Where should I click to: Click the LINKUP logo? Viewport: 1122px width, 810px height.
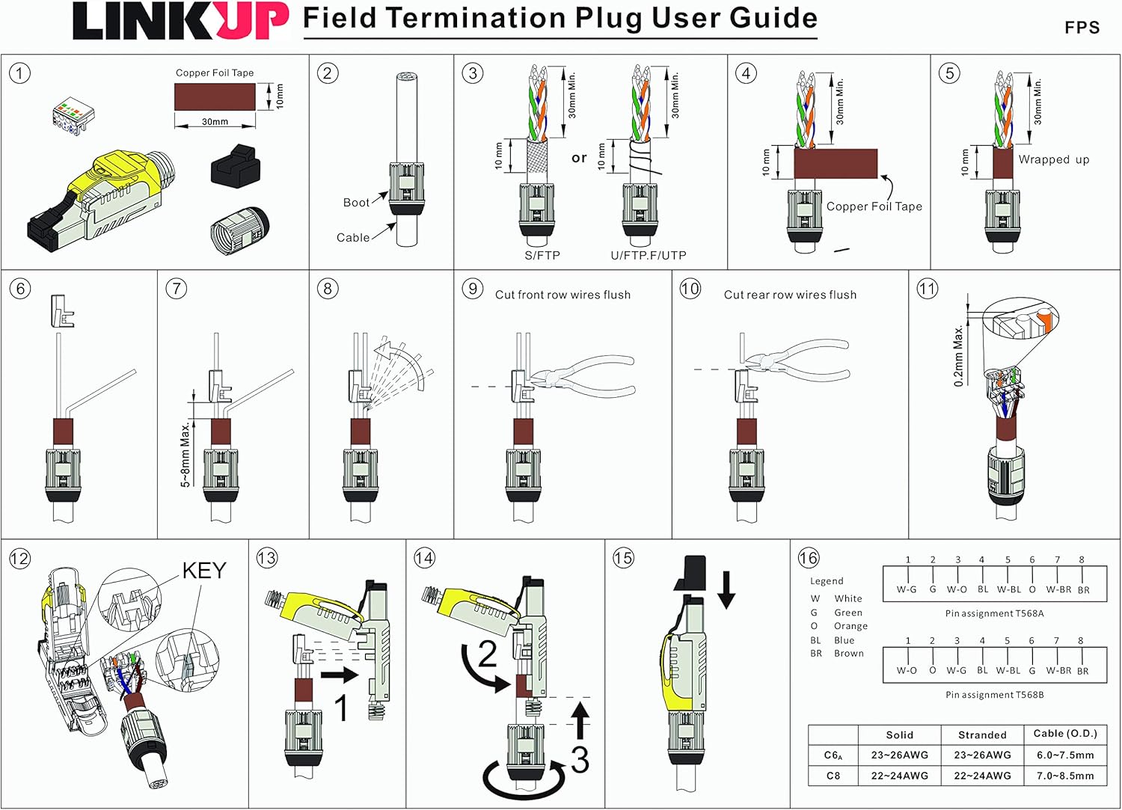point(180,22)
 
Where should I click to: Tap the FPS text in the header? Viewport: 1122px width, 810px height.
point(1082,28)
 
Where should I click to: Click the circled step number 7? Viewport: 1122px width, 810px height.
point(176,289)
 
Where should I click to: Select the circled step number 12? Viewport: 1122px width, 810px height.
point(19,558)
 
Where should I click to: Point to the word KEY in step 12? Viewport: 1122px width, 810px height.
point(203,571)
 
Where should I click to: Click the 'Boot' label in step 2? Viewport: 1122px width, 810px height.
point(356,203)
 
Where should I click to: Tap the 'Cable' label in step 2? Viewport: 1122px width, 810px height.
point(352,238)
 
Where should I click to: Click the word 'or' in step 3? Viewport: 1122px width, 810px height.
point(579,158)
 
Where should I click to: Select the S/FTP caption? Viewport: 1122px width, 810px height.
point(542,256)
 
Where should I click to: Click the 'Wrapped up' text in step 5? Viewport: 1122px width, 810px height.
point(1053,159)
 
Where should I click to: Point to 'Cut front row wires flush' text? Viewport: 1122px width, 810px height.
point(562,295)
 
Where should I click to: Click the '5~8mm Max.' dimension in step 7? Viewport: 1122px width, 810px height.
point(186,454)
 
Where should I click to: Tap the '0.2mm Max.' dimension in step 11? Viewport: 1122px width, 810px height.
point(959,355)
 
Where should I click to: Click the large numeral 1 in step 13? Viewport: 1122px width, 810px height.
point(341,708)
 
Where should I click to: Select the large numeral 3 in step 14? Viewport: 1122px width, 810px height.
point(580,759)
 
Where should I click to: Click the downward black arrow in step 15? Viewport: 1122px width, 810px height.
point(726,589)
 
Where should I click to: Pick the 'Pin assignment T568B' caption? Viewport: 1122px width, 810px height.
point(994,695)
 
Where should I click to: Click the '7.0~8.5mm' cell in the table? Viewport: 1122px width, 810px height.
point(1065,776)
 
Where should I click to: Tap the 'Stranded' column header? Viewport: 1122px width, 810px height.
point(982,735)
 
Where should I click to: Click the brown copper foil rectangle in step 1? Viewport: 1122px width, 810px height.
point(215,96)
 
